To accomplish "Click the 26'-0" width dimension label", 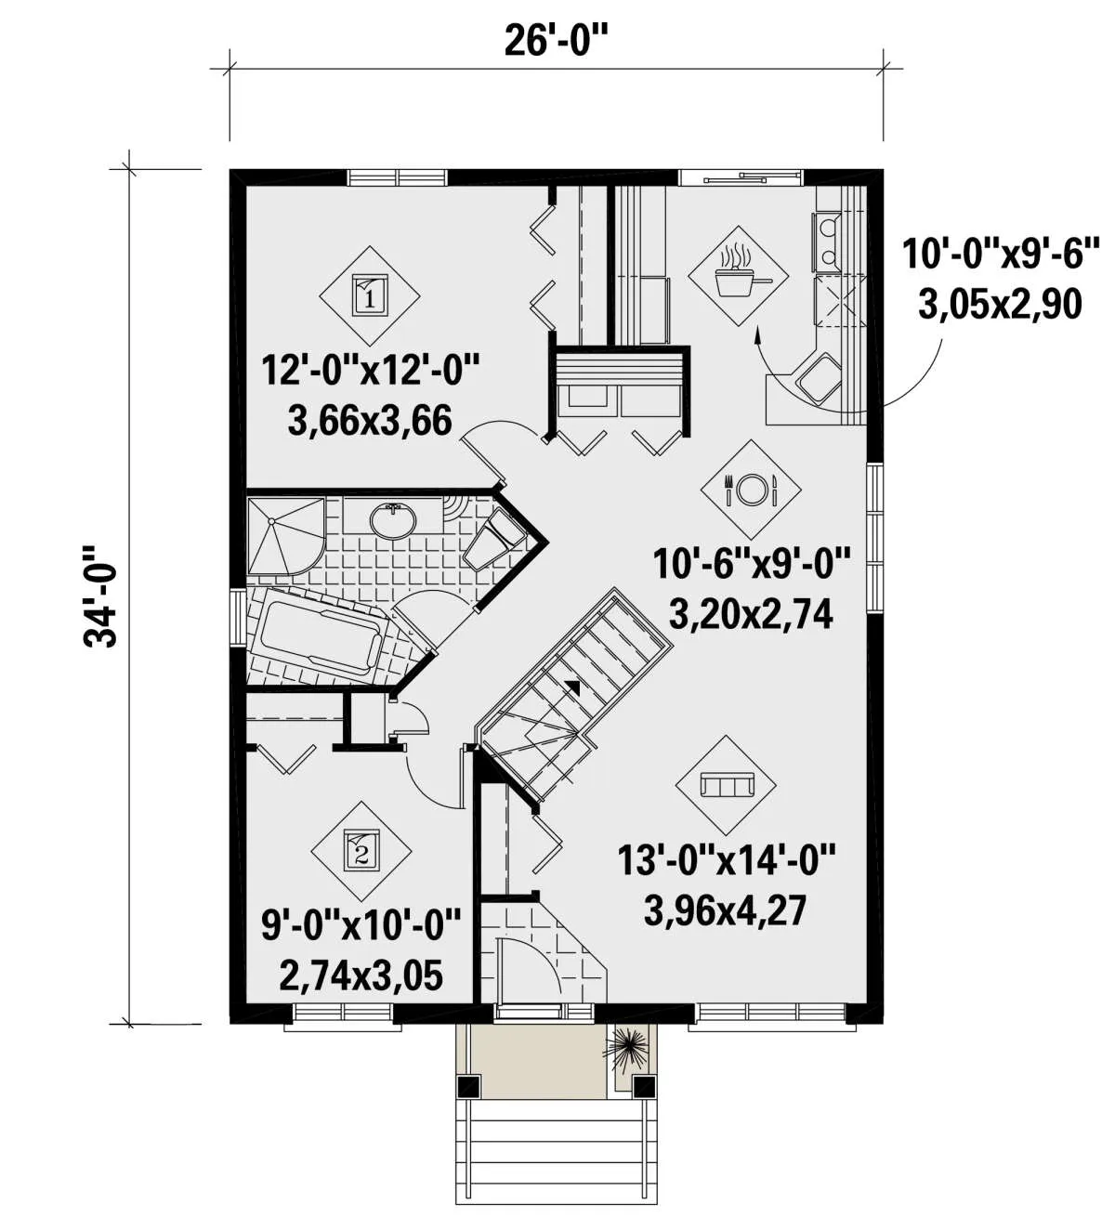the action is coord(556,41).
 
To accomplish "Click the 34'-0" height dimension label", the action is coord(99,595).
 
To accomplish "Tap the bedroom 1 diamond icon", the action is coord(369,295).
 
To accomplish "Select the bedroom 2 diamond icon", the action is coord(361,851).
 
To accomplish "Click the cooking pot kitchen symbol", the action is coord(738,277).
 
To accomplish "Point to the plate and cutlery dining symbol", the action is coord(751,490).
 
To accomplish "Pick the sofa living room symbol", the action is coord(727,784).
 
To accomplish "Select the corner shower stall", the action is coord(285,536).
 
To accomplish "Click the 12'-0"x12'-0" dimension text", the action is coord(370,371).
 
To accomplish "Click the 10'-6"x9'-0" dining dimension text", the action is coord(752,564).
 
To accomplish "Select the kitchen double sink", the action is coord(827,242).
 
